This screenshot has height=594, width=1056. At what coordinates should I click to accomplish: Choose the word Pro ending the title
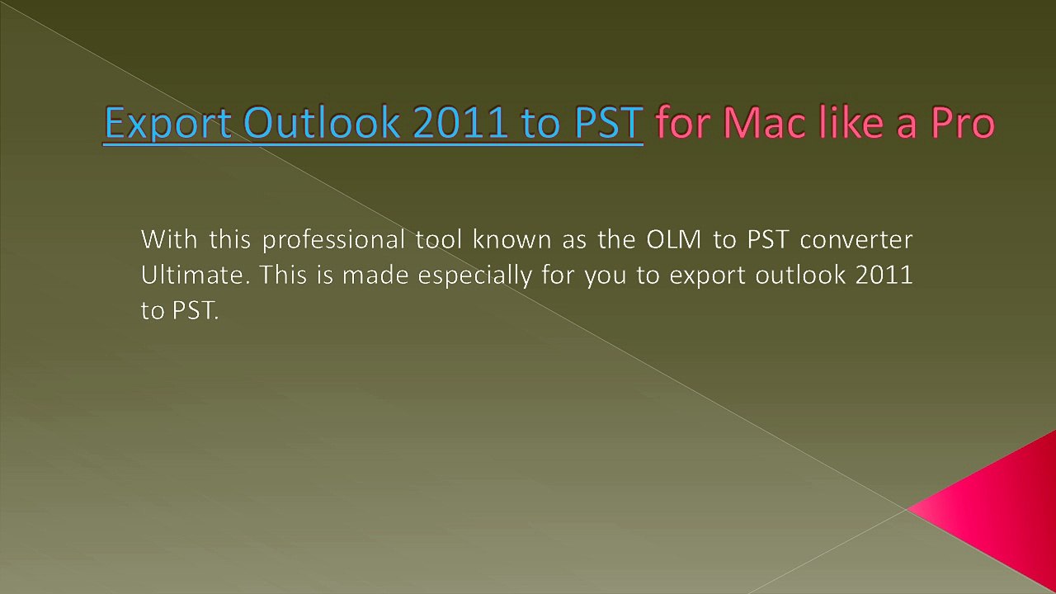tap(963, 124)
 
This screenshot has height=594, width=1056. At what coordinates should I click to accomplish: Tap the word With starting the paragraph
tap(169, 240)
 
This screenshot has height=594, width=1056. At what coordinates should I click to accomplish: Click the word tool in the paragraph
tap(440, 240)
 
